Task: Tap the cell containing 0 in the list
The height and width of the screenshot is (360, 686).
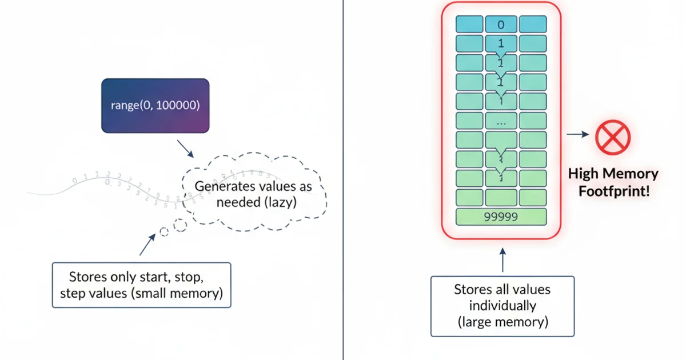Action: click(501, 24)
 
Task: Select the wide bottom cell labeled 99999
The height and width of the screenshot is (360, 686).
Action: click(501, 217)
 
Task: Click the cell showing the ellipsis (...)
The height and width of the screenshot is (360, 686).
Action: click(501, 121)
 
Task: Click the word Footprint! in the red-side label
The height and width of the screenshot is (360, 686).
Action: click(614, 191)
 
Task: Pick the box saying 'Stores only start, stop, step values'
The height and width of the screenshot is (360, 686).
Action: click(141, 285)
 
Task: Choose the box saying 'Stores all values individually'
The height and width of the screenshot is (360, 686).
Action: click(502, 306)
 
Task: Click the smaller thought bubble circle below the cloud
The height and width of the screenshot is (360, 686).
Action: click(164, 231)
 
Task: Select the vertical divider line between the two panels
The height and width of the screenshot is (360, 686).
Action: click(343, 180)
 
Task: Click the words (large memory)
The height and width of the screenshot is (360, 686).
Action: click(502, 322)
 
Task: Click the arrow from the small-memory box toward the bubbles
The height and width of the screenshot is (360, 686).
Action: click(147, 245)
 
